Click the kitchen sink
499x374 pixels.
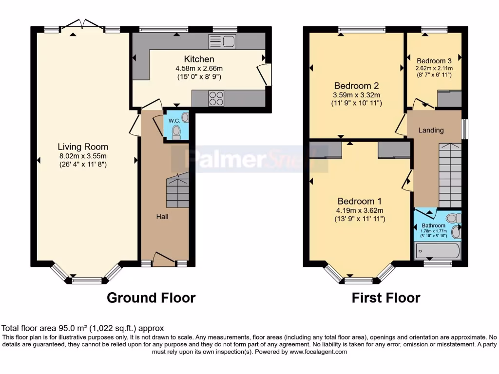[x=222, y=42]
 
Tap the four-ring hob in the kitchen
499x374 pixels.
[x=216, y=98]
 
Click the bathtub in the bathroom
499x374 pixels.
[x=437, y=251]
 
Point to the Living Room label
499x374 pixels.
[x=83, y=147]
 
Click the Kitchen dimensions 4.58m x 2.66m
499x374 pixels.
[x=199, y=69]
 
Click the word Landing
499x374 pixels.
[x=431, y=130]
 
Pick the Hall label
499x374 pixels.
[x=162, y=216]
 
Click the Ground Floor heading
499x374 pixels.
[x=151, y=298]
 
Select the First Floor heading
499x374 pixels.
[x=386, y=298]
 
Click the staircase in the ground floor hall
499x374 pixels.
[x=178, y=192]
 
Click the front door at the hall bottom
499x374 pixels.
[x=164, y=259]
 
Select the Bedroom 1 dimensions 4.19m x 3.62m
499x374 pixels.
[x=360, y=211]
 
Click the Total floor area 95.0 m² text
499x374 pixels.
[x=83, y=328]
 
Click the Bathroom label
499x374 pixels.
[x=433, y=225]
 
